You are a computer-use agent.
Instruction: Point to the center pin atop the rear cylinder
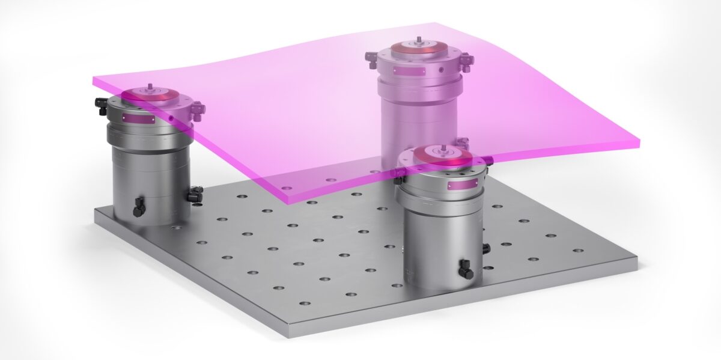pyautogui.click(x=417, y=40)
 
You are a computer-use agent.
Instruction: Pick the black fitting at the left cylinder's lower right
pyautogui.click(x=195, y=195)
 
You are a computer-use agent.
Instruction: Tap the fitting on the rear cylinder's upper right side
pyautogui.click(x=466, y=59)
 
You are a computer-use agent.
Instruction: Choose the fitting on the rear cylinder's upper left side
pyautogui.click(x=371, y=57)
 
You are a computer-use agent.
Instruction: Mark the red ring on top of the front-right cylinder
pyautogui.click(x=443, y=156)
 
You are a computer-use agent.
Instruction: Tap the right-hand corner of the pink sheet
pyautogui.click(x=638, y=143)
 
